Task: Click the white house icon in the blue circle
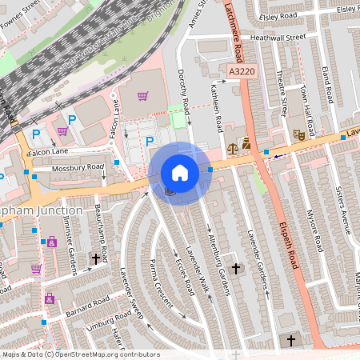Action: (x=180, y=173)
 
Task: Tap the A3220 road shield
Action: (x=242, y=72)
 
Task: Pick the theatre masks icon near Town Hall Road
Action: (x=298, y=135)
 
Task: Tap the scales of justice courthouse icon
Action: (x=233, y=147)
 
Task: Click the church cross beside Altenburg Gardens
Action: (x=235, y=268)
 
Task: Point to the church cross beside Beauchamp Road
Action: (x=97, y=258)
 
